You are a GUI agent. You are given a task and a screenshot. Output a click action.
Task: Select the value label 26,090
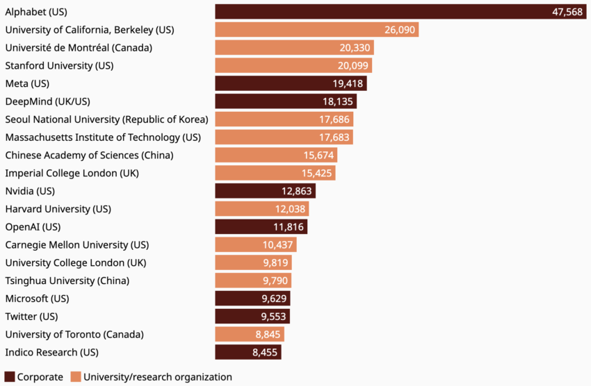[400, 30]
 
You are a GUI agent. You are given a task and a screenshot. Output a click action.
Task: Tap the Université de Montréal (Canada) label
[79, 48]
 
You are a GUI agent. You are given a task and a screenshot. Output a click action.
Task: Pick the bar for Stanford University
[293, 66]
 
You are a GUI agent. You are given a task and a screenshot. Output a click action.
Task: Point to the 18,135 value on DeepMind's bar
[338, 101]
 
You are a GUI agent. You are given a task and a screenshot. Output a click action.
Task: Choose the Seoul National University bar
[284, 119]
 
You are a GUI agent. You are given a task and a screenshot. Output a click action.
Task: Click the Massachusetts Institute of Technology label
[103, 137]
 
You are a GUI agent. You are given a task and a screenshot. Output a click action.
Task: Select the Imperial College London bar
[275, 173]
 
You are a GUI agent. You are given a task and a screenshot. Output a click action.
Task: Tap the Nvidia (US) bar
[265, 191]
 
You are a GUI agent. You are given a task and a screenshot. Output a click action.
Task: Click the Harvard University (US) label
[58, 209]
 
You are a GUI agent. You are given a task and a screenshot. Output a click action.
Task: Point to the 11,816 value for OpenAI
[289, 227]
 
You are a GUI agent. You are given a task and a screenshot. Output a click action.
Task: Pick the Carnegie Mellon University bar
[255, 245]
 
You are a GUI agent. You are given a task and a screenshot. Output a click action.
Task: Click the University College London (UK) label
[75, 262]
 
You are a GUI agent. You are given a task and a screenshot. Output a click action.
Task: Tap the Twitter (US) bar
[252, 317]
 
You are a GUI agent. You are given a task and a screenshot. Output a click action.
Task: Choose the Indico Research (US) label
[52, 352]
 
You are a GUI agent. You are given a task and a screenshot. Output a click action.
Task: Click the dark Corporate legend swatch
[10, 377]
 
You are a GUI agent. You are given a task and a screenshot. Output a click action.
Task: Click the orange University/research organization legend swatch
[76, 377]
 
